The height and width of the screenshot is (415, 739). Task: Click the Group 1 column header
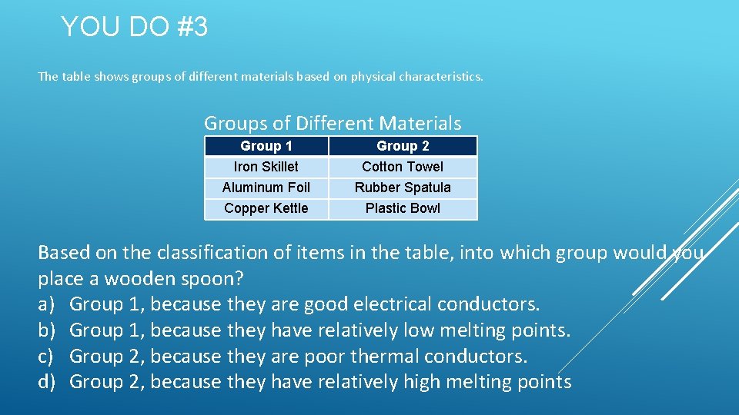(x=266, y=146)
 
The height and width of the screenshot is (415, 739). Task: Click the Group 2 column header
(x=403, y=146)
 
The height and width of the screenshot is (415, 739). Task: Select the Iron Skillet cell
(x=266, y=167)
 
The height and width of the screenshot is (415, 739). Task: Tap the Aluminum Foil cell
(x=266, y=188)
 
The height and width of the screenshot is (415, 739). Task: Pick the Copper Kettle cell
(x=266, y=208)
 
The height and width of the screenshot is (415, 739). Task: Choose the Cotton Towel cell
(x=403, y=167)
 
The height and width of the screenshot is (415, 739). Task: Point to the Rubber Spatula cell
(x=403, y=188)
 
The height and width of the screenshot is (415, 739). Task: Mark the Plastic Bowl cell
(x=403, y=208)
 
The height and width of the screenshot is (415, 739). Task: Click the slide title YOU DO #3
(x=134, y=28)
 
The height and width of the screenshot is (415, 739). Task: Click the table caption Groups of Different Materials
(x=333, y=123)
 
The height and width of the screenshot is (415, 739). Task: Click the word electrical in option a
(x=393, y=304)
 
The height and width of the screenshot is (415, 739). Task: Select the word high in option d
(x=427, y=382)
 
